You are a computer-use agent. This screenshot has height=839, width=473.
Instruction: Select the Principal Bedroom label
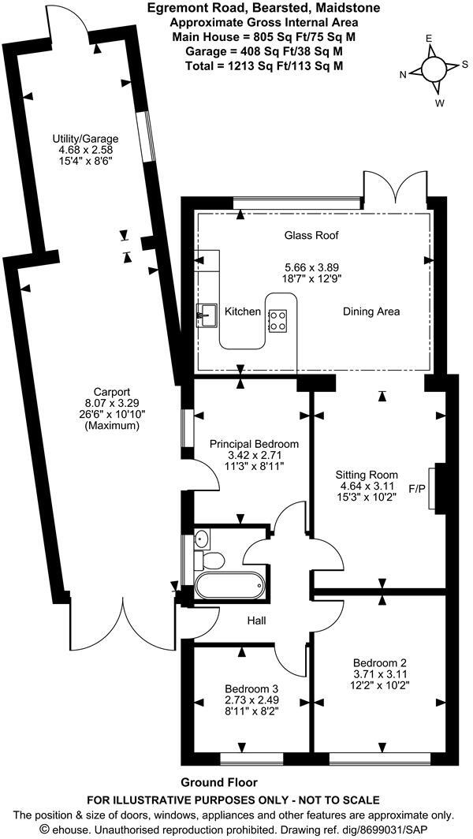[x=254, y=444]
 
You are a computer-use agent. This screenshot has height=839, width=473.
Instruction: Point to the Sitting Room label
[x=367, y=475]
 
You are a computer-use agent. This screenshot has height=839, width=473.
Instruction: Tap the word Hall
[x=257, y=621]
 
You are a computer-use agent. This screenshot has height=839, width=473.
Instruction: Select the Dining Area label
[x=371, y=311]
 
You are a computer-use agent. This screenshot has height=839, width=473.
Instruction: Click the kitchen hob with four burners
[x=277, y=320]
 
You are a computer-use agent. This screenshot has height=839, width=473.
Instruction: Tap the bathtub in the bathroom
[x=229, y=587]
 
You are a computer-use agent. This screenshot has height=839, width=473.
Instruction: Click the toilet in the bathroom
[x=210, y=560]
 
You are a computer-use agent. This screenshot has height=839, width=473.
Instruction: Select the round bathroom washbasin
[x=203, y=539]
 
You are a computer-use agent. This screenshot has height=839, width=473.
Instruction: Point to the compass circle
[x=434, y=68]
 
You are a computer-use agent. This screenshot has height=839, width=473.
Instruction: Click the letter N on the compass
[x=404, y=74]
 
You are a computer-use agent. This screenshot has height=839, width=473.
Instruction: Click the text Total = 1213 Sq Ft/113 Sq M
[x=263, y=66]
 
